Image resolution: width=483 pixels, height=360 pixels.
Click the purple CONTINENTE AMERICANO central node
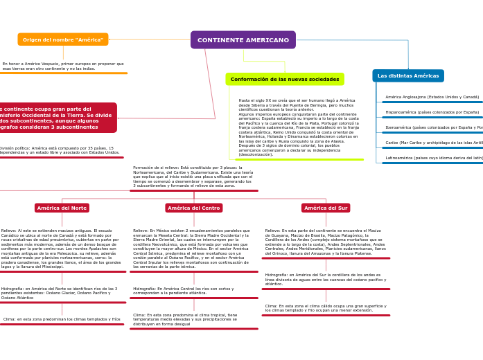pos(243,40)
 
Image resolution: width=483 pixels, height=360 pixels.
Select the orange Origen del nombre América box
pos(63,39)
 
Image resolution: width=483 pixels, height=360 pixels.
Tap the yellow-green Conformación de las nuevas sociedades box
pos(285,79)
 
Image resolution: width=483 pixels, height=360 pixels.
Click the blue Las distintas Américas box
pos(408,75)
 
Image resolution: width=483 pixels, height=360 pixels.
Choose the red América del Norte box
pos(62,208)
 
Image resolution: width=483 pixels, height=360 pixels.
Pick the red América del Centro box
pos(194,208)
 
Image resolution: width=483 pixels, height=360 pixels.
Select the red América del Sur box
pos(326,208)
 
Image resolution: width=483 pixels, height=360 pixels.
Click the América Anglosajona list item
pos(432,97)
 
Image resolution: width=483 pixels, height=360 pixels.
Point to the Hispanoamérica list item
pos(432,112)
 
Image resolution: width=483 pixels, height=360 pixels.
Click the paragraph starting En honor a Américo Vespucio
pos(62,66)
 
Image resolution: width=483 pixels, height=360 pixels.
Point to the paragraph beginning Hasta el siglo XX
pos(299,127)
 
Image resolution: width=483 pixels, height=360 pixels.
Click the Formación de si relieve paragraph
pos(193,177)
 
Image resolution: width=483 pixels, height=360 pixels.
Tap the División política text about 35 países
pos(60,150)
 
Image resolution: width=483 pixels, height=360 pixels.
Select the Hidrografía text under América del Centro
pos(183,291)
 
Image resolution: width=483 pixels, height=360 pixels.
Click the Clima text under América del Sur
pos(325,308)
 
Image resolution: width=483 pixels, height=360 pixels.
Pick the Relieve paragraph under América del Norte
pos(61,249)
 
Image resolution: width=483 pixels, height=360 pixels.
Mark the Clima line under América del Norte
pos(62,319)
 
